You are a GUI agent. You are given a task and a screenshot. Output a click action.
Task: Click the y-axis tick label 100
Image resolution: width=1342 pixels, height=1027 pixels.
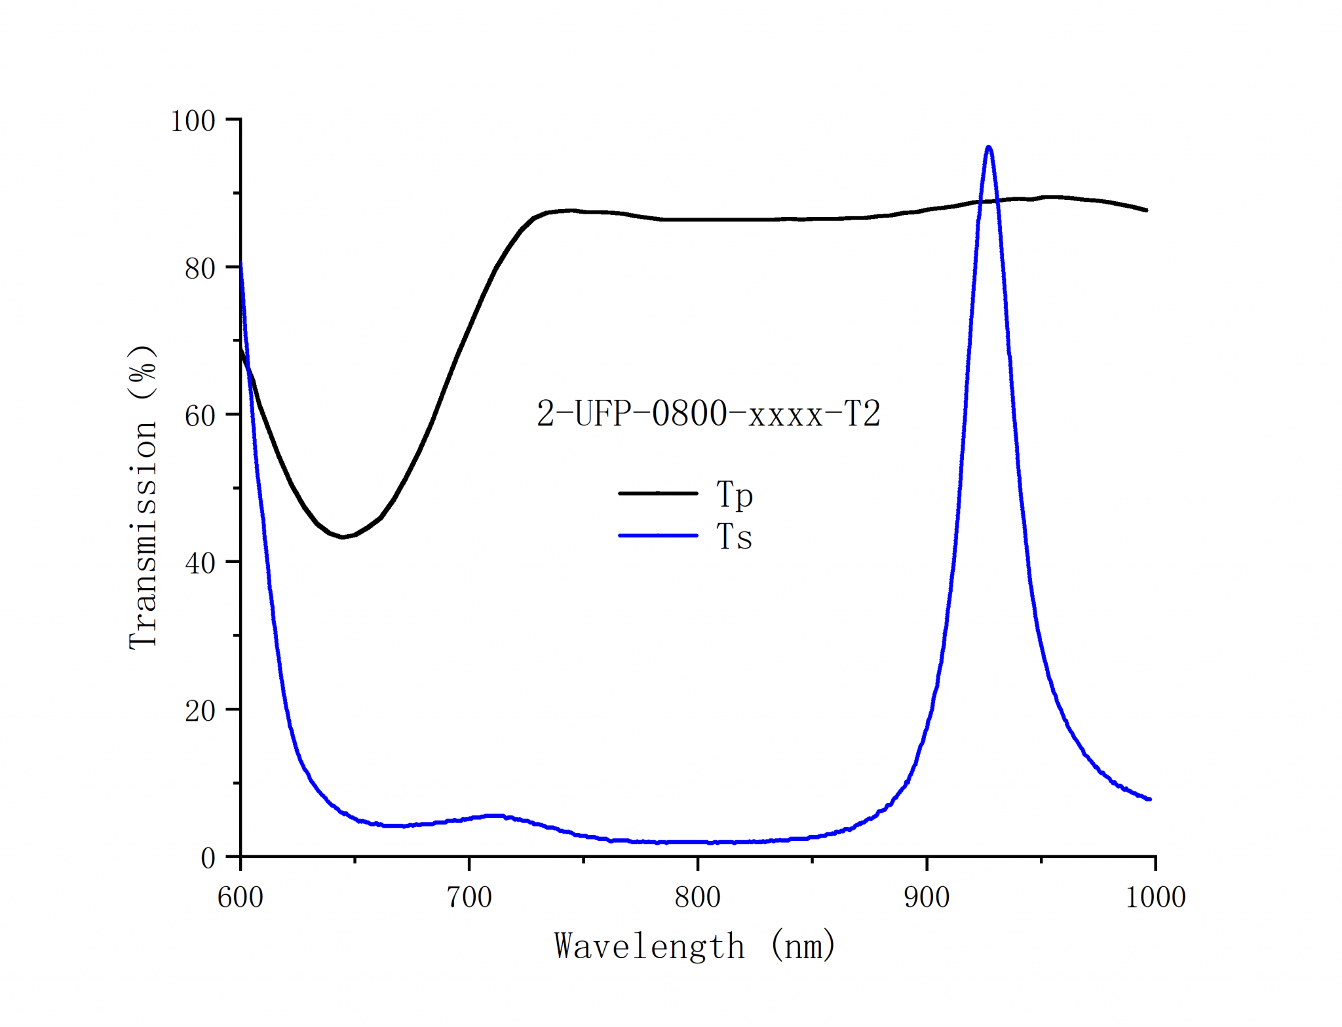pos(193,121)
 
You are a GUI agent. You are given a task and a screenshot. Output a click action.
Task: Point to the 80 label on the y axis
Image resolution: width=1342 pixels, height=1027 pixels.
pos(200,269)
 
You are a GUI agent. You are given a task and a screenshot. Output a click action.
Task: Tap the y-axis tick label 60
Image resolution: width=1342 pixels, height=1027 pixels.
pos(200,416)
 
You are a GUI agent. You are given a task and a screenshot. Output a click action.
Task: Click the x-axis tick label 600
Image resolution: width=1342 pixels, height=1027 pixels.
pos(240,897)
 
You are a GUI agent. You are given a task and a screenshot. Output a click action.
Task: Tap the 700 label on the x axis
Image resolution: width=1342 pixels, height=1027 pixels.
pos(469,897)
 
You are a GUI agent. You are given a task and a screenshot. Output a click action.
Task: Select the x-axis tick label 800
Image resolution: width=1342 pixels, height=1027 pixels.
pos(698,897)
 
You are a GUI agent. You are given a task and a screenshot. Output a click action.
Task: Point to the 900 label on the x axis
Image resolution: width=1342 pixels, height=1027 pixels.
pos(927,897)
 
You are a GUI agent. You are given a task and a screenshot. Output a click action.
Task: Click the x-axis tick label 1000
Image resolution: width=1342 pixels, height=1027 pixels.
pos(1155,897)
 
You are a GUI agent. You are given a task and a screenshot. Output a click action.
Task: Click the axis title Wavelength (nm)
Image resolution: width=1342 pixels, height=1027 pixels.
pos(695,946)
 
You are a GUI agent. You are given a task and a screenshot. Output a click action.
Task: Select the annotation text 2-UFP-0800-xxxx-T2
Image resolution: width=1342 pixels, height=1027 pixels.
pos(708,414)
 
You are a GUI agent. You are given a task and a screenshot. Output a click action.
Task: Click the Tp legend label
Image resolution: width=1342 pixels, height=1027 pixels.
pos(735,494)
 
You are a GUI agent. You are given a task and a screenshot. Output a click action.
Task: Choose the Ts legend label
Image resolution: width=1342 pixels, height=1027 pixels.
pos(734,537)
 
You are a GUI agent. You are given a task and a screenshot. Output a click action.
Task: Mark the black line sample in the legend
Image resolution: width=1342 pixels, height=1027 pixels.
pos(658,493)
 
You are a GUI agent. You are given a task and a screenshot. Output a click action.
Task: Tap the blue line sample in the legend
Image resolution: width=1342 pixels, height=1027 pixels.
pos(658,535)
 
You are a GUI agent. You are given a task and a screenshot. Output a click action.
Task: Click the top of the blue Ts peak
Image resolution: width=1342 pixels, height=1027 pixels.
pos(988,147)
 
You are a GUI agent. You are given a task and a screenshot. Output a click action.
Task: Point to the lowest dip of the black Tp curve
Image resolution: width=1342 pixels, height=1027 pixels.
pos(342,537)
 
